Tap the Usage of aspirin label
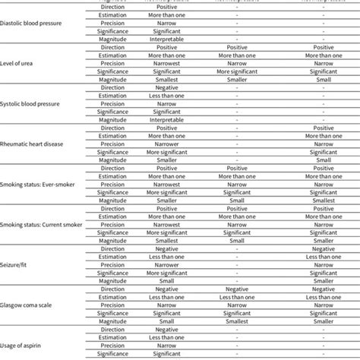(26, 343)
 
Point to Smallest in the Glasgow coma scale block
(236, 320)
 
